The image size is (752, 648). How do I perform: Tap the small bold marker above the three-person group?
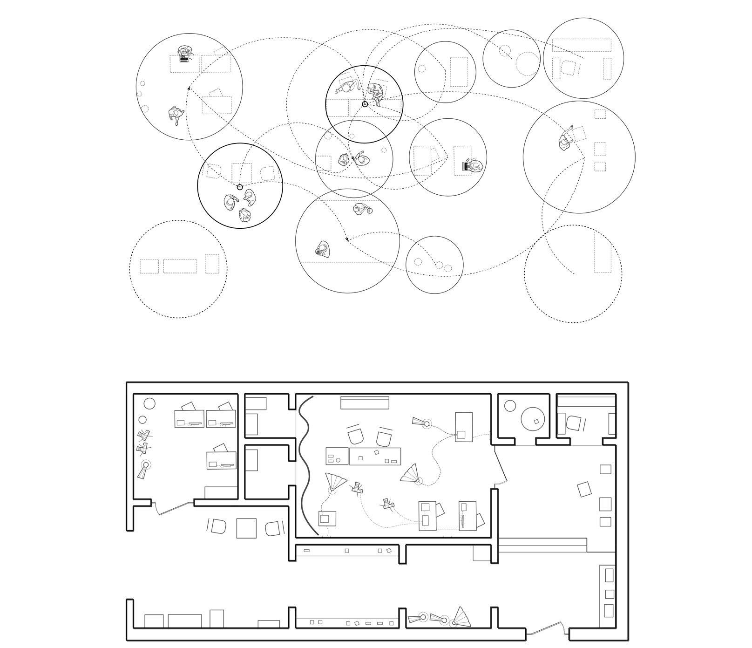click(240, 187)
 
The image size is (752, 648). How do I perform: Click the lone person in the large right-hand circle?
click(566, 142)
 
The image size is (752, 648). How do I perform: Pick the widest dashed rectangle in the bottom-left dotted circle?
click(180, 266)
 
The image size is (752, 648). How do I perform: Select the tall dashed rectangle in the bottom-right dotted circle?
click(602, 253)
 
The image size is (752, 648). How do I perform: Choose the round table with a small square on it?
click(533, 418)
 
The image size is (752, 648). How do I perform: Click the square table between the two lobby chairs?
click(246, 528)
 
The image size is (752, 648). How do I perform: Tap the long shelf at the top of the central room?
click(365, 403)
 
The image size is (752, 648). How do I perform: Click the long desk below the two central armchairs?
click(375, 456)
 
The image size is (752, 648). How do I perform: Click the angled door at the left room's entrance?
click(174, 509)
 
